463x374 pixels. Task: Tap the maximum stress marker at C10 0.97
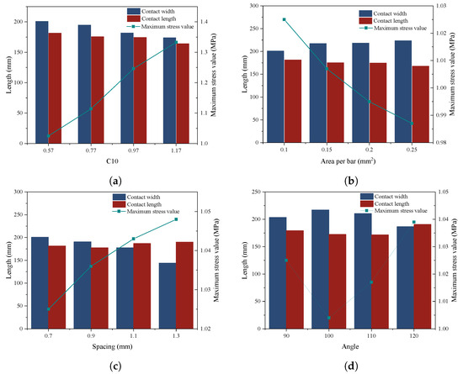tap(133, 69)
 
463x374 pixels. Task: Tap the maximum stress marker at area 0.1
tap(284, 19)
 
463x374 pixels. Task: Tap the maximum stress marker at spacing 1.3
tap(176, 219)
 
